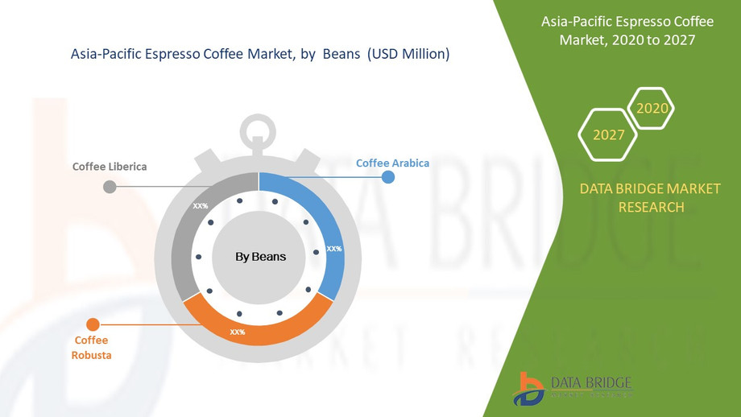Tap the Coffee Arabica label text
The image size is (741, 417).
[392, 163]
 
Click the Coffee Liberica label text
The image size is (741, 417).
[110, 167]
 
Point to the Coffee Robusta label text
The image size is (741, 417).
[92, 348]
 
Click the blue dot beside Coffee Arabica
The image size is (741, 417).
[388, 176]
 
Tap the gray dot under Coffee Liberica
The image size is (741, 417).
[110, 187]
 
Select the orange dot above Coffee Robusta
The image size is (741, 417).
[93, 325]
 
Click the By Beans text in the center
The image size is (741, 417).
[260, 257]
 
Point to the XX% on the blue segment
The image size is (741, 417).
[333, 249]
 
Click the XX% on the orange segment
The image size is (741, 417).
[238, 332]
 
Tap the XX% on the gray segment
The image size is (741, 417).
[200, 206]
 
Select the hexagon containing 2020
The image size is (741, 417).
[651, 109]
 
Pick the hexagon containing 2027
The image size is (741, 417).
[609, 134]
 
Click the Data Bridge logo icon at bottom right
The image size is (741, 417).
[530, 388]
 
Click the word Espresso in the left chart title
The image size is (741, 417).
[194, 55]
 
